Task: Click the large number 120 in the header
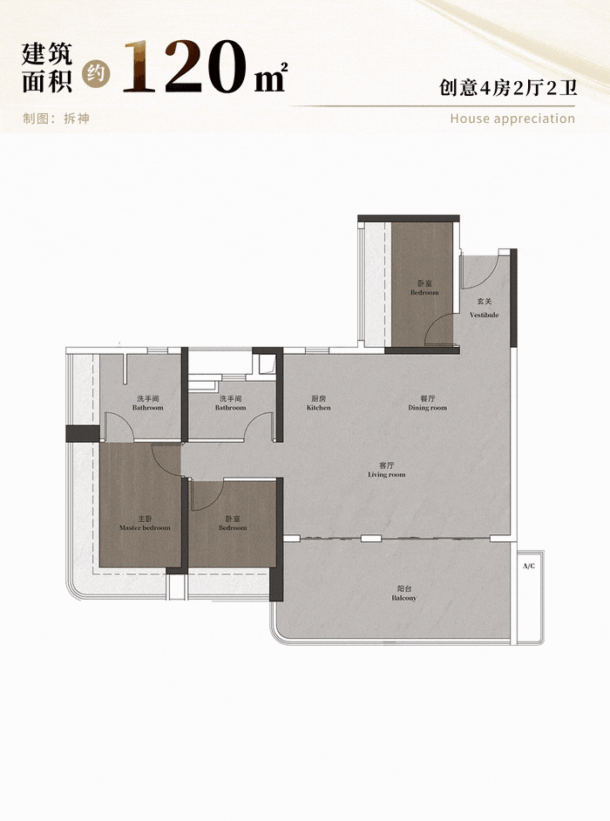(185, 67)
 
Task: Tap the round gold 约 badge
(97, 74)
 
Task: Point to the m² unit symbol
(271, 77)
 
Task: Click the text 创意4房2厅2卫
(508, 87)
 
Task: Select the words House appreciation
(512, 119)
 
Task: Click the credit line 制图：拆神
(56, 119)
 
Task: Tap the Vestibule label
(484, 315)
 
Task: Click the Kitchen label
(319, 407)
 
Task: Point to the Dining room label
(428, 407)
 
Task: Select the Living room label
(386, 474)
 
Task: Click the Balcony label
(403, 598)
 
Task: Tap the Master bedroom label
(145, 528)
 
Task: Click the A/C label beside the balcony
(529, 566)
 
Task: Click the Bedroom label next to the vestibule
(424, 292)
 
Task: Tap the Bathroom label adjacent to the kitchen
(230, 407)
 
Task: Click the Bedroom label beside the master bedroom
(233, 528)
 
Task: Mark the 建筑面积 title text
(47, 68)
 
